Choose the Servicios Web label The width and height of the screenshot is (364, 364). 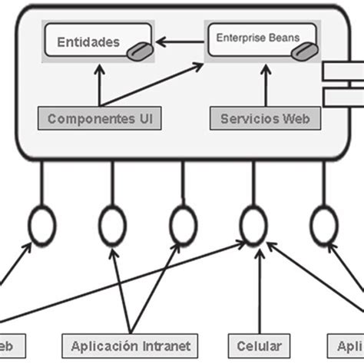(265, 119)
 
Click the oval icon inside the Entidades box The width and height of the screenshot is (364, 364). (137, 50)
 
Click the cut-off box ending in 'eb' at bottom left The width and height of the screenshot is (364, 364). (12, 344)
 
